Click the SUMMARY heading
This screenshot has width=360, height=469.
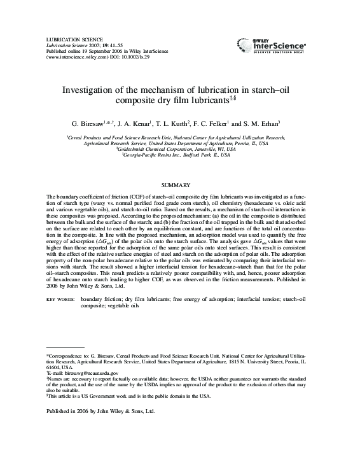click(x=179, y=184)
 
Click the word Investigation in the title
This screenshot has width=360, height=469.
click(x=90, y=90)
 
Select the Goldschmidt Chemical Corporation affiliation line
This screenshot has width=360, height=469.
click(x=180, y=149)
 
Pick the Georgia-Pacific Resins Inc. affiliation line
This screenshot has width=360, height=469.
click(x=180, y=155)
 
